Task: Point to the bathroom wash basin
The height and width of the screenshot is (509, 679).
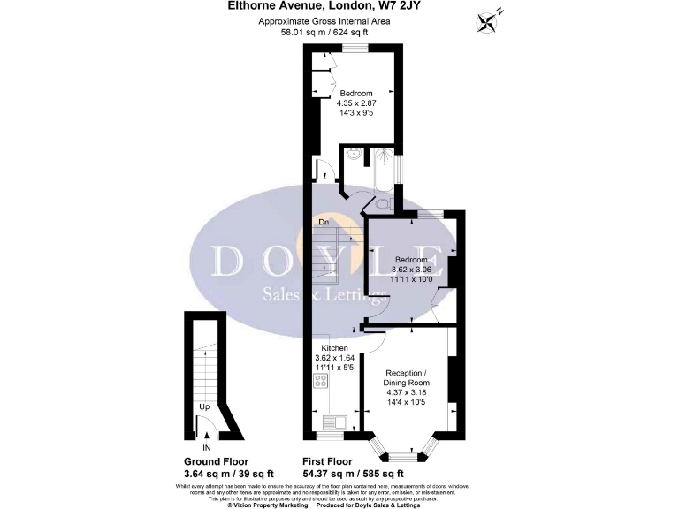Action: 353,157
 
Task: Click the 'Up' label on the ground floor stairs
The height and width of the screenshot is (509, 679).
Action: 202,407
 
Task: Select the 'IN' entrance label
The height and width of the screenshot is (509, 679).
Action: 207,447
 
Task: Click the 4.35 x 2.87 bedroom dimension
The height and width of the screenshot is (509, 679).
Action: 356,103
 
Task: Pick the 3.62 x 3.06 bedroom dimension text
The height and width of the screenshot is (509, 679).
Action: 412,270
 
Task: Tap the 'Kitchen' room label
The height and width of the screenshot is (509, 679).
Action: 335,348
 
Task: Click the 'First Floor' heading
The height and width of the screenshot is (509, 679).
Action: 327,461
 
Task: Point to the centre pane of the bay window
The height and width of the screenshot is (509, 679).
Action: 405,456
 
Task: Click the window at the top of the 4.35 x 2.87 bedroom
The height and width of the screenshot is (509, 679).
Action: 356,47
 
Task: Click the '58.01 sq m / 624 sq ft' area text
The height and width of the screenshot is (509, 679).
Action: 324,32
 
